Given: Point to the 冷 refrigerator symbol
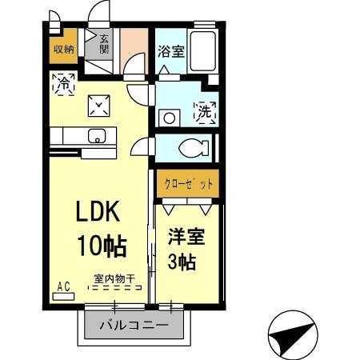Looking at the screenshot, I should pyautogui.click(x=63, y=81).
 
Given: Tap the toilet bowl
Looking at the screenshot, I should pyautogui.click(x=192, y=147).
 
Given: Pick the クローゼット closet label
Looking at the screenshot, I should pyautogui.click(x=187, y=184).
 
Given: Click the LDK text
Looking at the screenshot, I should pyautogui.click(x=98, y=212).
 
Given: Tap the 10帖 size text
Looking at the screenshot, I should pyautogui.click(x=101, y=246).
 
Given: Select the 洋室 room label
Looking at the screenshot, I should pyautogui.click(x=185, y=238).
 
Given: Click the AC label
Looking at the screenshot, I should pyautogui.click(x=63, y=285).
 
